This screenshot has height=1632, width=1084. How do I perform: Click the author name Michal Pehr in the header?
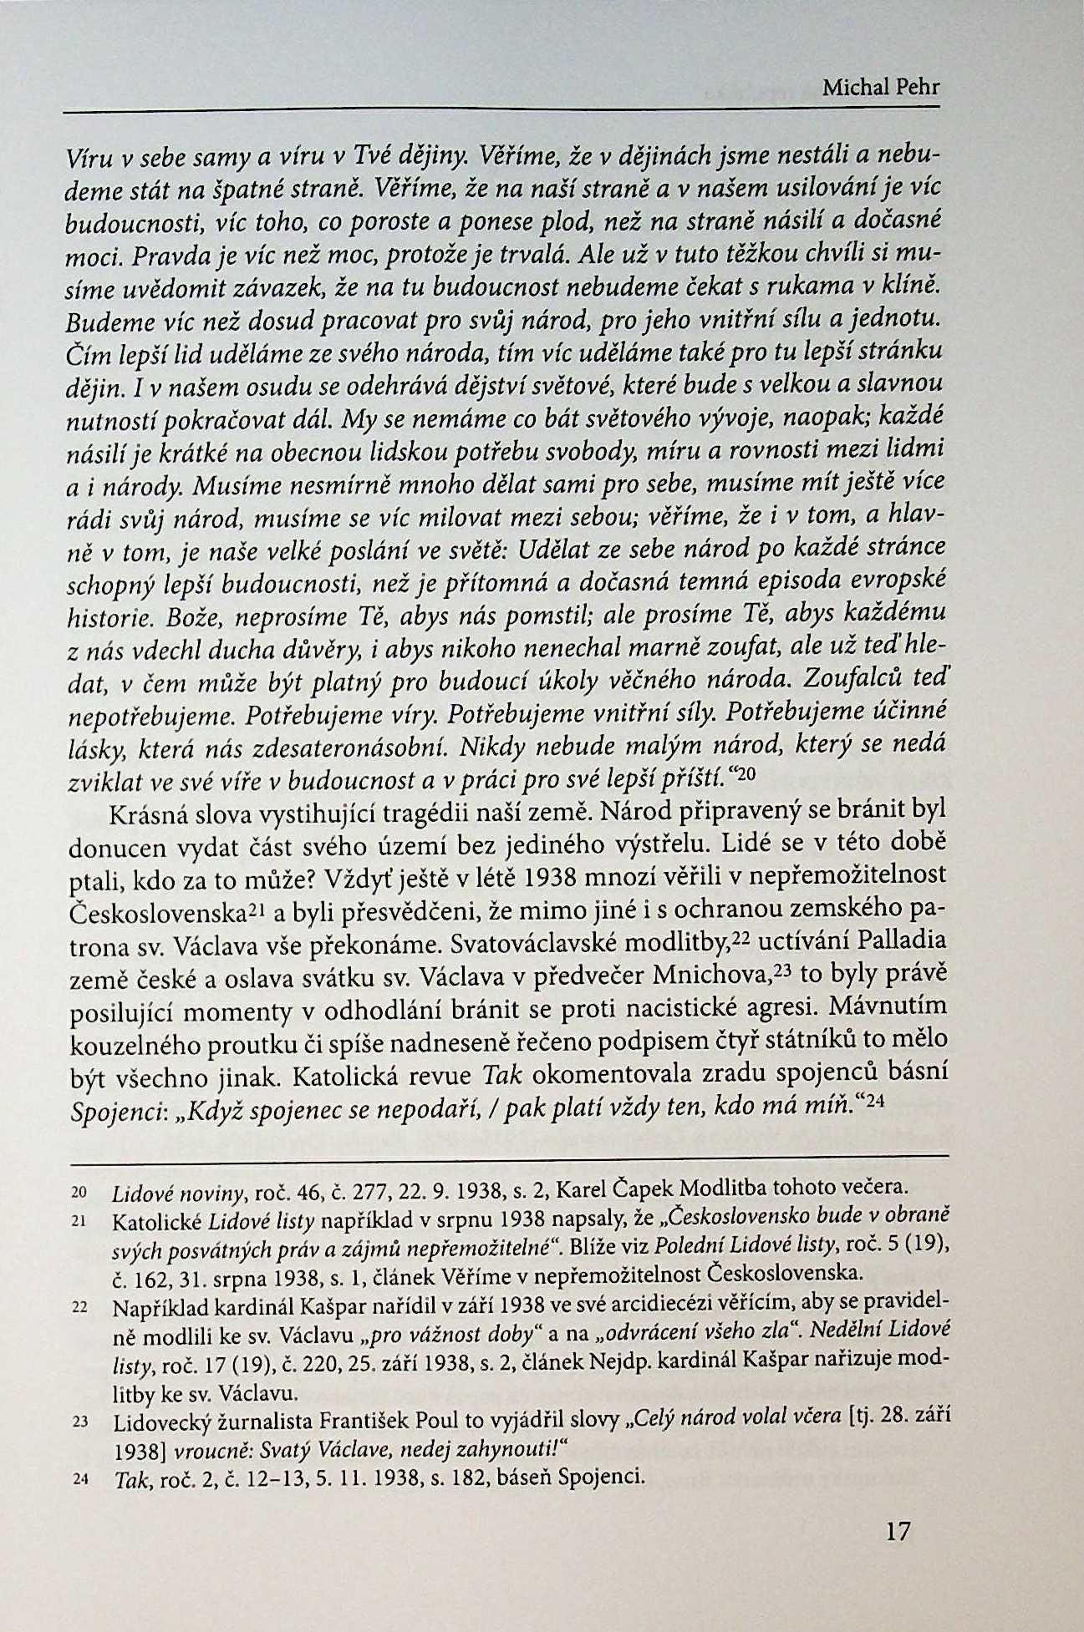pyautogui.click(x=881, y=87)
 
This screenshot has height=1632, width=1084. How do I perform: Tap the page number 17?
pyautogui.click(x=898, y=1532)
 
